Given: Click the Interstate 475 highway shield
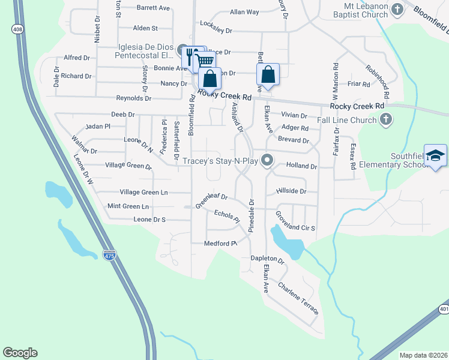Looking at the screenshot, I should click(x=109, y=255).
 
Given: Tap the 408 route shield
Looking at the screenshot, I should click(x=16, y=29).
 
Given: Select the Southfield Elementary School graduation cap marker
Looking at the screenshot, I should click(x=435, y=155).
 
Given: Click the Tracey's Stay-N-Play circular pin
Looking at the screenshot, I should click(x=268, y=160).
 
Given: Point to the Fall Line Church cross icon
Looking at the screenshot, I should click(x=387, y=120).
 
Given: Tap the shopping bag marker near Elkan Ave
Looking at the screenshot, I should click(x=268, y=75).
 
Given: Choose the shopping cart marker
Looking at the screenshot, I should click(x=205, y=60).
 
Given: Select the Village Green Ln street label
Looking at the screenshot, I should click(x=143, y=193).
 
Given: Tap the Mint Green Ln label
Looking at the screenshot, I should click(x=128, y=206).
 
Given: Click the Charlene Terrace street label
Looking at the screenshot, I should click(x=298, y=295).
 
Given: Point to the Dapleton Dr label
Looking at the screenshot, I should click(x=267, y=259).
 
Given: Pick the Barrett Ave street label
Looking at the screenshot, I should click(x=154, y=8).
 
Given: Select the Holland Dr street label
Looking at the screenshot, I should click(x=301, y=166).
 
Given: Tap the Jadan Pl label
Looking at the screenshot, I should click(x=98, y=127).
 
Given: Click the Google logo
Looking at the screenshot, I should click(x=20, y=353).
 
